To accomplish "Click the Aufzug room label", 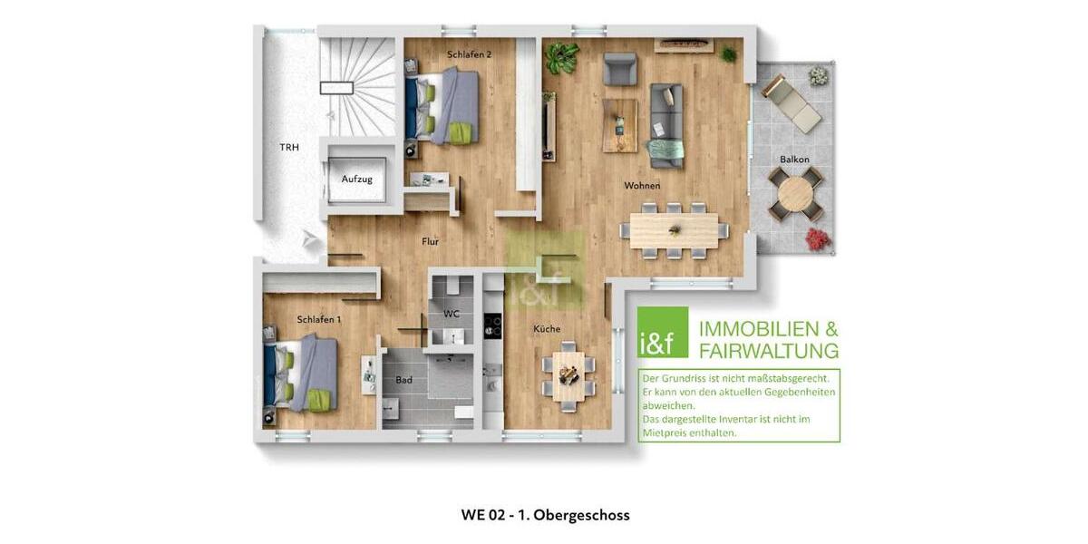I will (356, 180).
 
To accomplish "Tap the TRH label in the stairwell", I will (289, 147).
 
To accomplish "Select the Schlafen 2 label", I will (470, 54).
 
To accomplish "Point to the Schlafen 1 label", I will (319, 319).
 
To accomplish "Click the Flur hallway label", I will (431, 241).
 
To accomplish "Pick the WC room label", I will (452, 314).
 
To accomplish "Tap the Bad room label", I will (404, 380).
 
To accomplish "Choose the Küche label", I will (547, 328).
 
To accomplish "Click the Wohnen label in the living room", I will (642, 186).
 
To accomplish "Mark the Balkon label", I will (794, 160).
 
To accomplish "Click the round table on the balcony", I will (795, 194).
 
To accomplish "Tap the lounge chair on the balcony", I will (792, 103).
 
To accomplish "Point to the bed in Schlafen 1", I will (304, 373).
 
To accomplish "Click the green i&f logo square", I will (663, 334).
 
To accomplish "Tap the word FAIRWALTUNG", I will (769, 350).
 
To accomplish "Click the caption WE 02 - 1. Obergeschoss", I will (545, 515).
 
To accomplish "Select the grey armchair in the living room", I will (620, 69).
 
